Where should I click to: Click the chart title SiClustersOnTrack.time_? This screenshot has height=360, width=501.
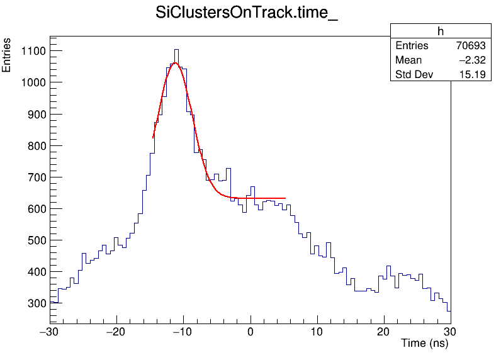pyautogui.click(x=247, y=14)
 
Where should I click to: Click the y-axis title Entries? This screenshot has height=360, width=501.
pyautogui.click(x=7, y=55)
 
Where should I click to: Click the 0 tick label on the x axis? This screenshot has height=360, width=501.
pyautogui.click(x=250, y=331)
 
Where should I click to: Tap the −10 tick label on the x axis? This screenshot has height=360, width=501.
pyautogui.click(x=183, y=331)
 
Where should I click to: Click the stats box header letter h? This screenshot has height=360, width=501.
pyautogui.click(x=441, y=31)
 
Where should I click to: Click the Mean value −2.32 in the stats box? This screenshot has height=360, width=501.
pyautogui.click(x=471, y=60)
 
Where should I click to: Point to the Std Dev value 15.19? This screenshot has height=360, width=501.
pyautogui.click(x=473, y=76)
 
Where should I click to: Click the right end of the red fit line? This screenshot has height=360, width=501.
pyautogui.click(x=285, y=198)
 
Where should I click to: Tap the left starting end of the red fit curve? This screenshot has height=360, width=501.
pyautogui.click(x=153, y=138)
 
